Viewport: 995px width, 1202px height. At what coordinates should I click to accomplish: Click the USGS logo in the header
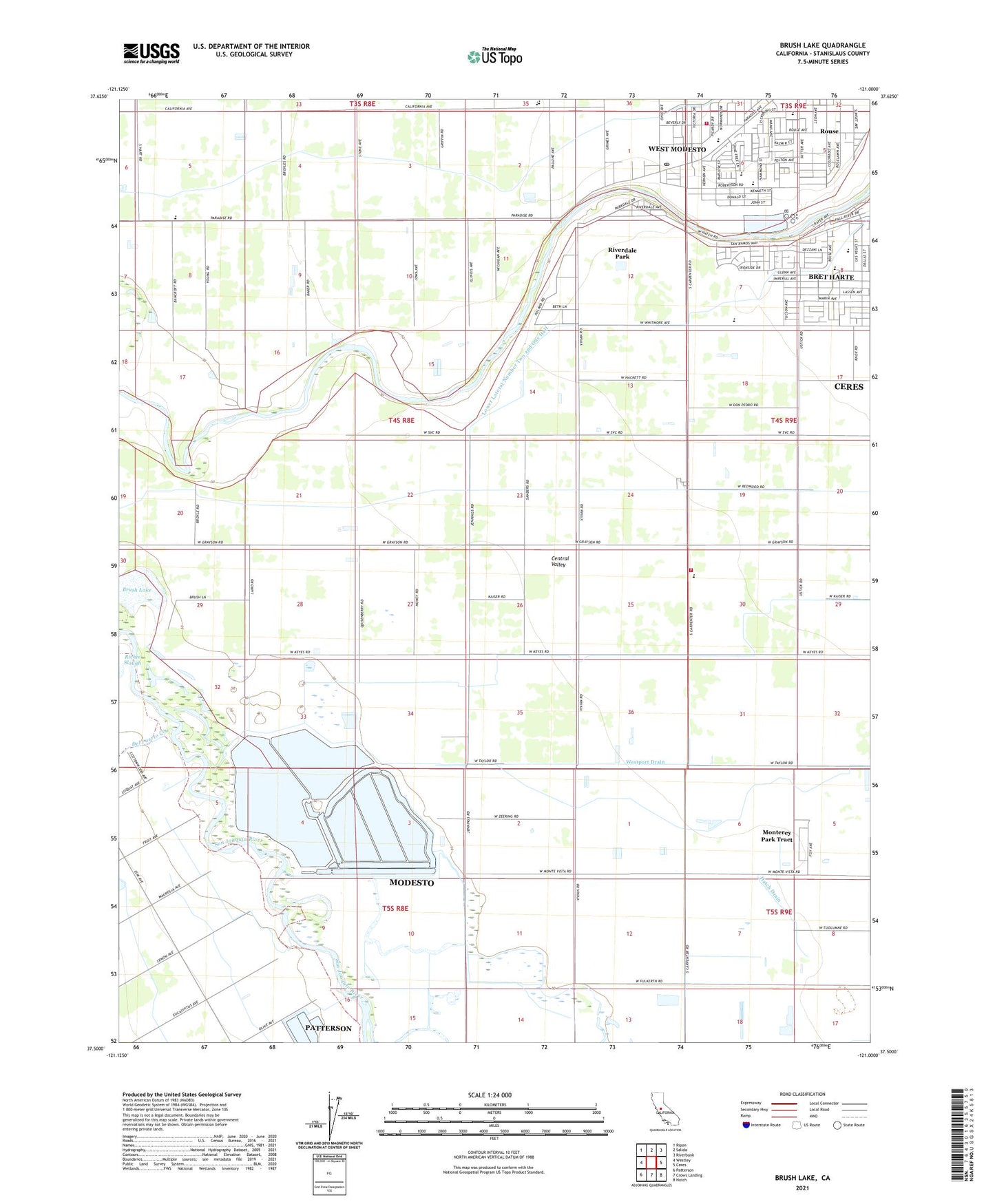[x=151, y=53]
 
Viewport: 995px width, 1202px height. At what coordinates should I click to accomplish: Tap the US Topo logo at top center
[x=494, y=56]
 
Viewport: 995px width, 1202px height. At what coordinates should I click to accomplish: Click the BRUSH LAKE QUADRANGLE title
[x=822, y=45]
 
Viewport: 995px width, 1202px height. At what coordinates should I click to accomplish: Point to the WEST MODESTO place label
[x=677, y=149]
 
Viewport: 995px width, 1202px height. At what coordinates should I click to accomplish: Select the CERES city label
[x=848, y=387]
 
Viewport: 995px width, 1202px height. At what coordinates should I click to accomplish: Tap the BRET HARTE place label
[x=830, y=277]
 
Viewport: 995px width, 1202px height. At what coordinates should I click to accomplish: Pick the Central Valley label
[x=559, y=562]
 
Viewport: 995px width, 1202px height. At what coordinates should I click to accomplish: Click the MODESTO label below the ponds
[x=411, y=883]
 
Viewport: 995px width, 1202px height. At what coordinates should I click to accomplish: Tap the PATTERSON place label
[x=328, y=1029]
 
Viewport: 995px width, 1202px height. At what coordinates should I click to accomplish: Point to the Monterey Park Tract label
[x=776, y=836]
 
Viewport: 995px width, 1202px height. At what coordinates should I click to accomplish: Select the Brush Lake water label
[x=136, y=590]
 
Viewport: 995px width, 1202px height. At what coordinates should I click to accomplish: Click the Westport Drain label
[x=645, y=762]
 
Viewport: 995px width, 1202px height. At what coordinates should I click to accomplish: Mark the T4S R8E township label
[x=401, y=420]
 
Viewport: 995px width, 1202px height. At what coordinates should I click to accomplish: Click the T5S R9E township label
[x=779, y=912]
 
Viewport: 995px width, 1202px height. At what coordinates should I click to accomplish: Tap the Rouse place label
[x=829, y=131]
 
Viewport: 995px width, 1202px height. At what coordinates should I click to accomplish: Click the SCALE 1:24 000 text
[x=490, y=1095]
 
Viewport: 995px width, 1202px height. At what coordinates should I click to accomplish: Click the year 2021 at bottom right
[x=802, y=1188]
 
